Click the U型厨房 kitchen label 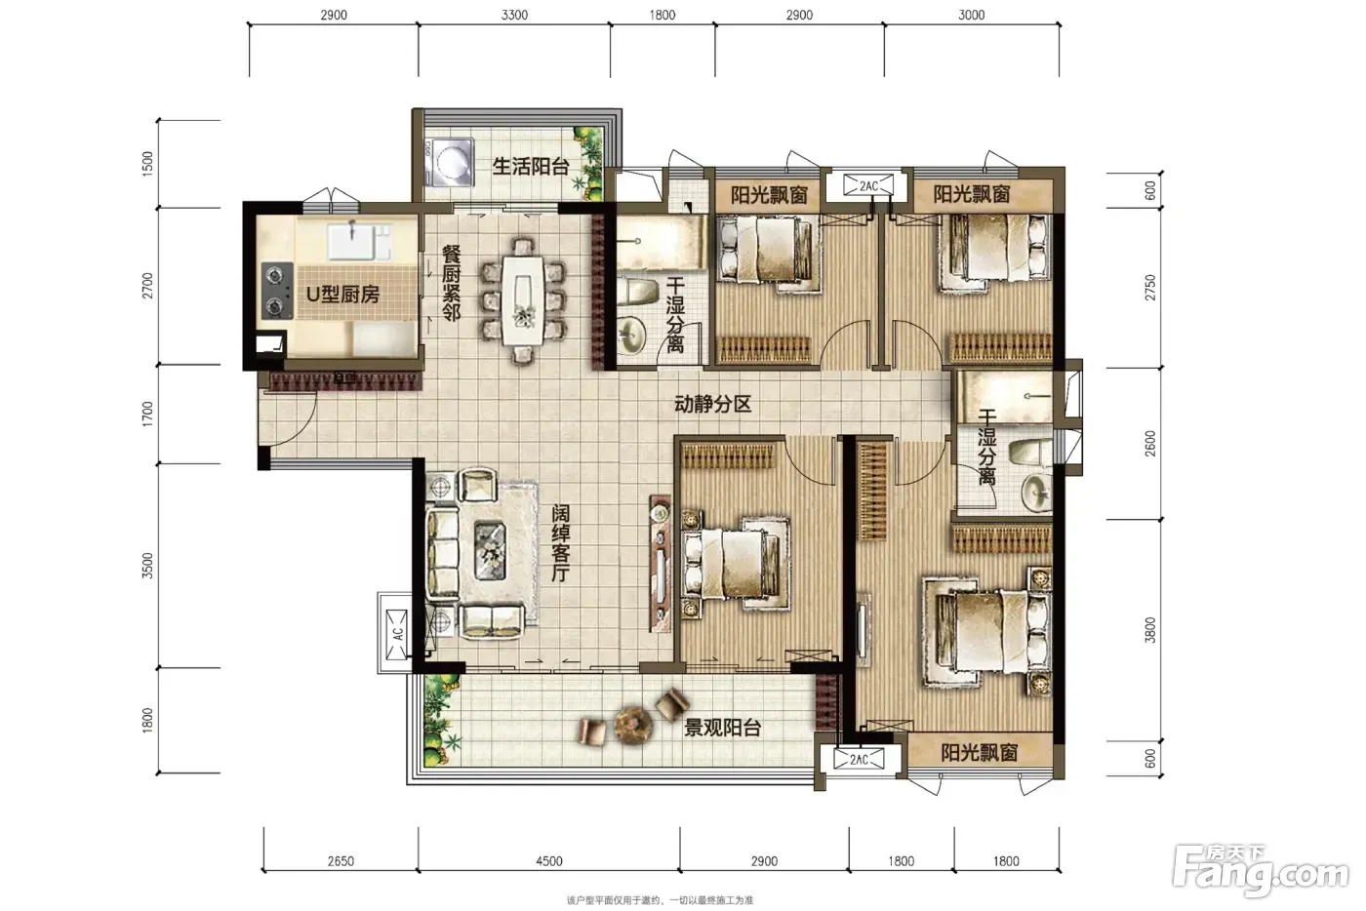[x=342, y=296]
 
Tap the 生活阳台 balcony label [x=531, y=167]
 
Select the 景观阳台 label [x=722, y=728]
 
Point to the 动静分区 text [x=712, y=404]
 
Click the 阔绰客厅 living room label [x=560, y=542]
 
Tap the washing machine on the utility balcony [x=450, y=163]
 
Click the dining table [x=523, y=300]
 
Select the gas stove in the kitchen [x=277, y=291]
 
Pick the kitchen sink [x=352, y=242]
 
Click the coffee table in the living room [x=490, y=550]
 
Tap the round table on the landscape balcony [x=633, y=725]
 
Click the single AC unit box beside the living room [x=396, y=634]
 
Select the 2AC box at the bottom [x=859, y=759]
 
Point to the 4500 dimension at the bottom [x=548, y=861]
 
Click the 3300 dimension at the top [x=514, y=15]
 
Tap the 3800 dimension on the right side [x=1149, y=630]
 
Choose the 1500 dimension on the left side [x=147, y=164]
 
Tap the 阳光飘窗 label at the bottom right [x=979, y=753]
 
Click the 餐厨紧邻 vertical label [x=451, y=283]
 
